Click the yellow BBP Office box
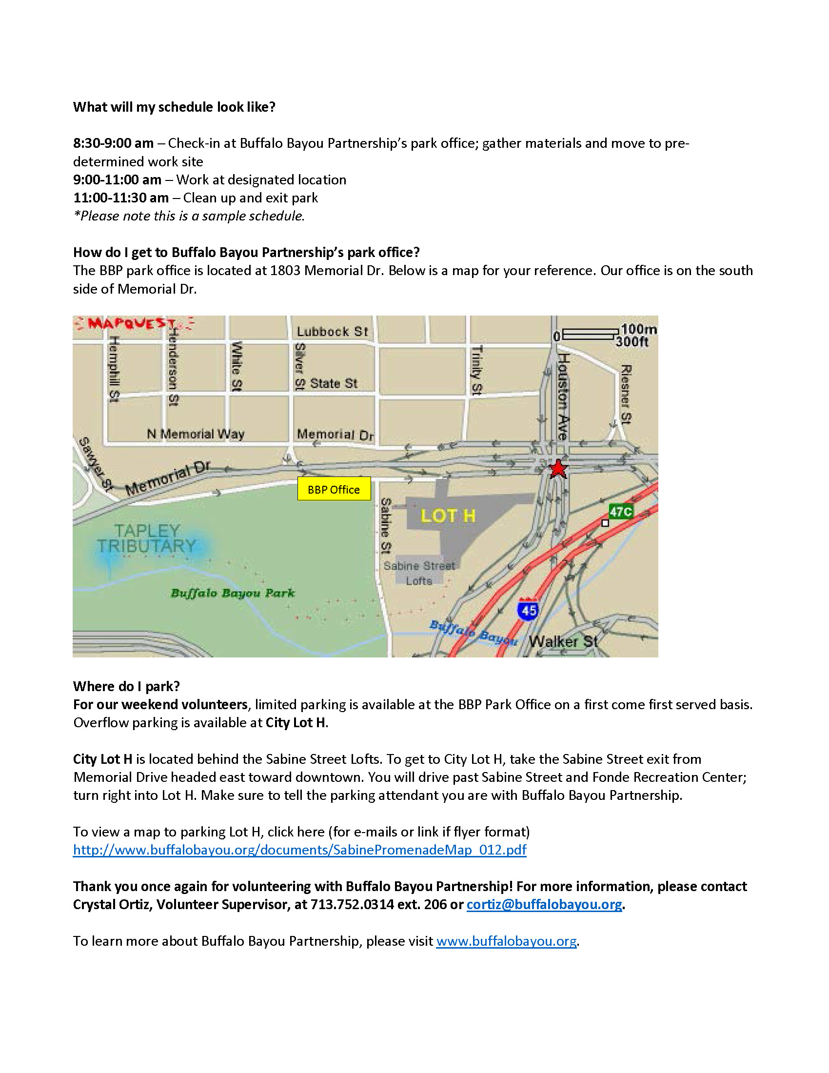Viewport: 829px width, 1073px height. pyautogui.click(x=334, y=489)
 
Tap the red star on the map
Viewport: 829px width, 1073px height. pyautogui.click(x=557, y=469)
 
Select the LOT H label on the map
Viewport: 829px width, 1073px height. pyautogui.click(x=448, y=516)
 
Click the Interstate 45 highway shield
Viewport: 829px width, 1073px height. pyautogui.click(x=529, y=610)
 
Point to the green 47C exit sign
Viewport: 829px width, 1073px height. pyautogui.click(x=621, y=512)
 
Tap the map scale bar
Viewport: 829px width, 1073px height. pyautogui.click(x=590, y=334)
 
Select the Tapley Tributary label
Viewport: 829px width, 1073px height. pyautogui.click(x=146, y=538)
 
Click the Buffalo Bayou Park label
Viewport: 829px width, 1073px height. pyautogui.click(x=233, y=593)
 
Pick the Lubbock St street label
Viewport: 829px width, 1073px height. pyautogui.click(x=332, y=332)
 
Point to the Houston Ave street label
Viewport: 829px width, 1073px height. pyautogui.click(x=563, y=396)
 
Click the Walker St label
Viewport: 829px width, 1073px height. pyautogui.click(x=563, y=641)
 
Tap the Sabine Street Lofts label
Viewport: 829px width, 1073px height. pyautogui.click(x=419, y=573)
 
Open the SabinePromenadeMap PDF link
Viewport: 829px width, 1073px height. pyautogui.click(x=299, y=850)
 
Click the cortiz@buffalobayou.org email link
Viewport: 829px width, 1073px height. pyautogui.click(x=544, y=904)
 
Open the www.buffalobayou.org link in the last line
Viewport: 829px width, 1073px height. pyautogui.click(x=506, y=941)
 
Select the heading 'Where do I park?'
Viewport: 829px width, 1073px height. pyautogui.click(x=127, y=686)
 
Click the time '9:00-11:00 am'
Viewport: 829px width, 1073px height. pyautogui.click(x=118, y=180)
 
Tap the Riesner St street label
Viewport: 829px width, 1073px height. pyautogui.click(x=625, y=394)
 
